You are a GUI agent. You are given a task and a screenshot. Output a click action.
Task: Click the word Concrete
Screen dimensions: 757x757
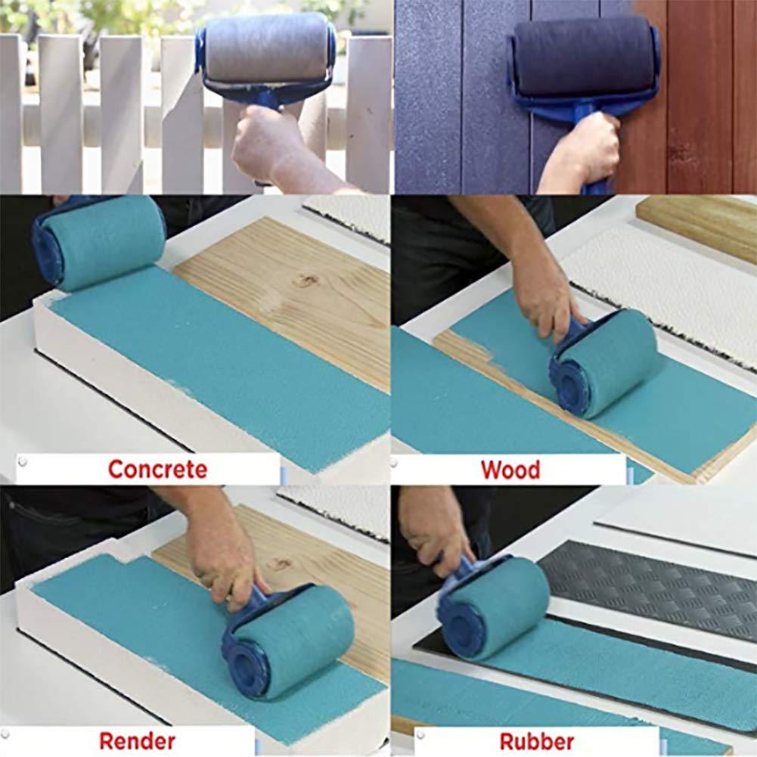157,469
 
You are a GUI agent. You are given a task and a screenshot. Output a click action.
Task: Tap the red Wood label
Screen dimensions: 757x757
510,470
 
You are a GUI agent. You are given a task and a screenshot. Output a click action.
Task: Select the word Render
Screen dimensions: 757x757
137,740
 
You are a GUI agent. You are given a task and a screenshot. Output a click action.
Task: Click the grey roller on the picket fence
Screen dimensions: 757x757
265,46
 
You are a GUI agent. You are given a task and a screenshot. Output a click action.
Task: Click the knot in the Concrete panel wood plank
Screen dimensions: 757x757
307,281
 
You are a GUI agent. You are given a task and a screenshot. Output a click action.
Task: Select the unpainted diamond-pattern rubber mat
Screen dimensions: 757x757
650,590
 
